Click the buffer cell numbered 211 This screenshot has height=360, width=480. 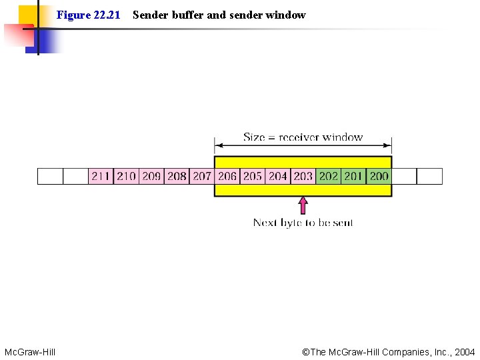pos(101,176)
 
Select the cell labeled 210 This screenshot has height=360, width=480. pos(126,176)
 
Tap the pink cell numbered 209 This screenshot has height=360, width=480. pos(151,176)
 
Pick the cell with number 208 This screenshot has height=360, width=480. pos(177,176)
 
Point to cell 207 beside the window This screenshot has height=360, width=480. pos(202,176)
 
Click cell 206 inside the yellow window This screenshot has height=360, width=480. pos(227,176)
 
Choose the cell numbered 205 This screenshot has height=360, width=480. pos(253,176)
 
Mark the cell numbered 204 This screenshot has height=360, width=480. pos(278,176)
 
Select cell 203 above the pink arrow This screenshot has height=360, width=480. pos(303,176)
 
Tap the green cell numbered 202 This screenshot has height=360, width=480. pos(329,176)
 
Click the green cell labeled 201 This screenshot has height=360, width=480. pos(354,176)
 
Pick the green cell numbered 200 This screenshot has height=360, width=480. pos(379,176)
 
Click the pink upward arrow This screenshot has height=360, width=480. pos(303,205)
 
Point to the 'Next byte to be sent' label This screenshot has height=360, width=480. pos(303,223)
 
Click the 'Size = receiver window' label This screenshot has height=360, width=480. pos(303,137)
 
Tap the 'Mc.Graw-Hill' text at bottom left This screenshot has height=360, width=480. pos(30,351)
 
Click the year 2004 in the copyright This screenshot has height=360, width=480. pos(464,351)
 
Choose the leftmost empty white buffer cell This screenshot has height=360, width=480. pos(50,176)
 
